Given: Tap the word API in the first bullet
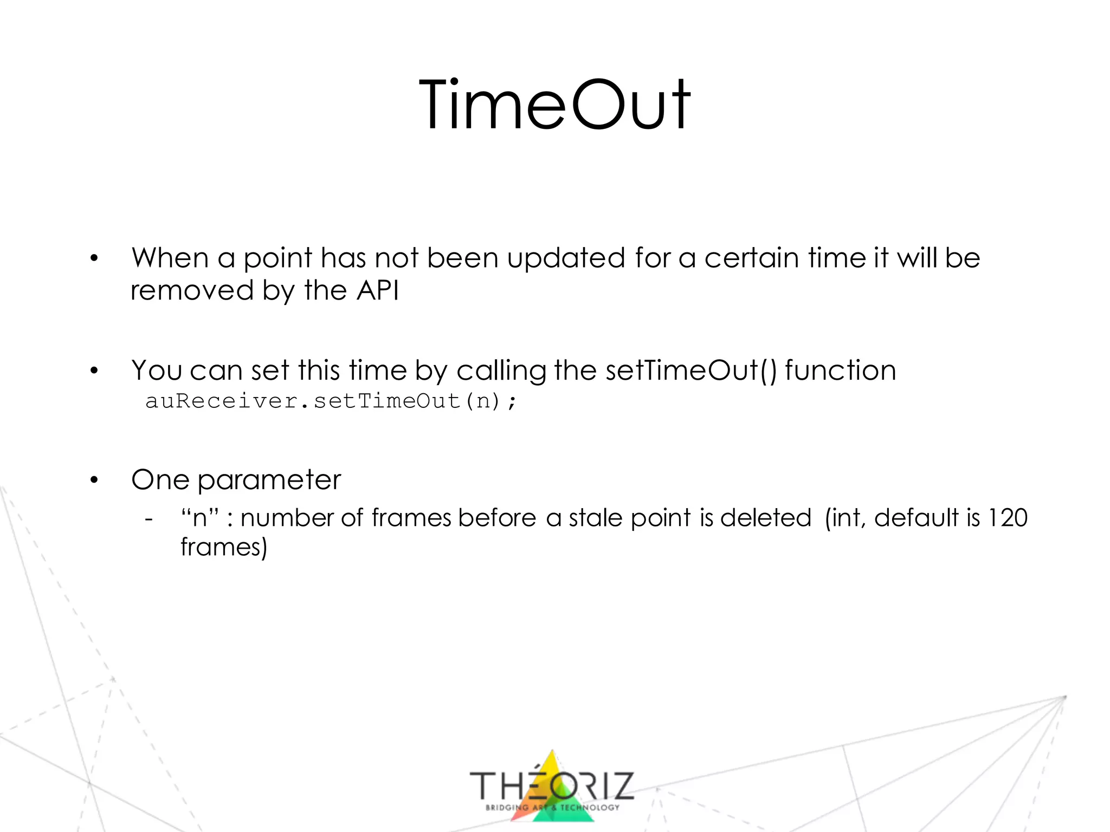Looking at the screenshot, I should pyautogui.click(x=378, y=290).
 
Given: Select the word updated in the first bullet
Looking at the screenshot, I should pyautogui.click(x=566, y=258).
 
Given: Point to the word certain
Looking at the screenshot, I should pyautogui.click(x=751, y=258).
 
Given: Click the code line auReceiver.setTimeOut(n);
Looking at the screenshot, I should pyautogui.click(x=331, y=401).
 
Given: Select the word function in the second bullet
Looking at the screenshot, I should pyautogui.click(x=840, y=370).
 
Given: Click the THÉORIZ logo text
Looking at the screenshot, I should pyautogui.click(x=552, y=786).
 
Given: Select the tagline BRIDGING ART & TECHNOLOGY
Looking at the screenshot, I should pyautogui.click(x=552, y=807).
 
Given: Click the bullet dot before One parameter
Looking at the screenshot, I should pyautogui.click(x=94, y=480).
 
